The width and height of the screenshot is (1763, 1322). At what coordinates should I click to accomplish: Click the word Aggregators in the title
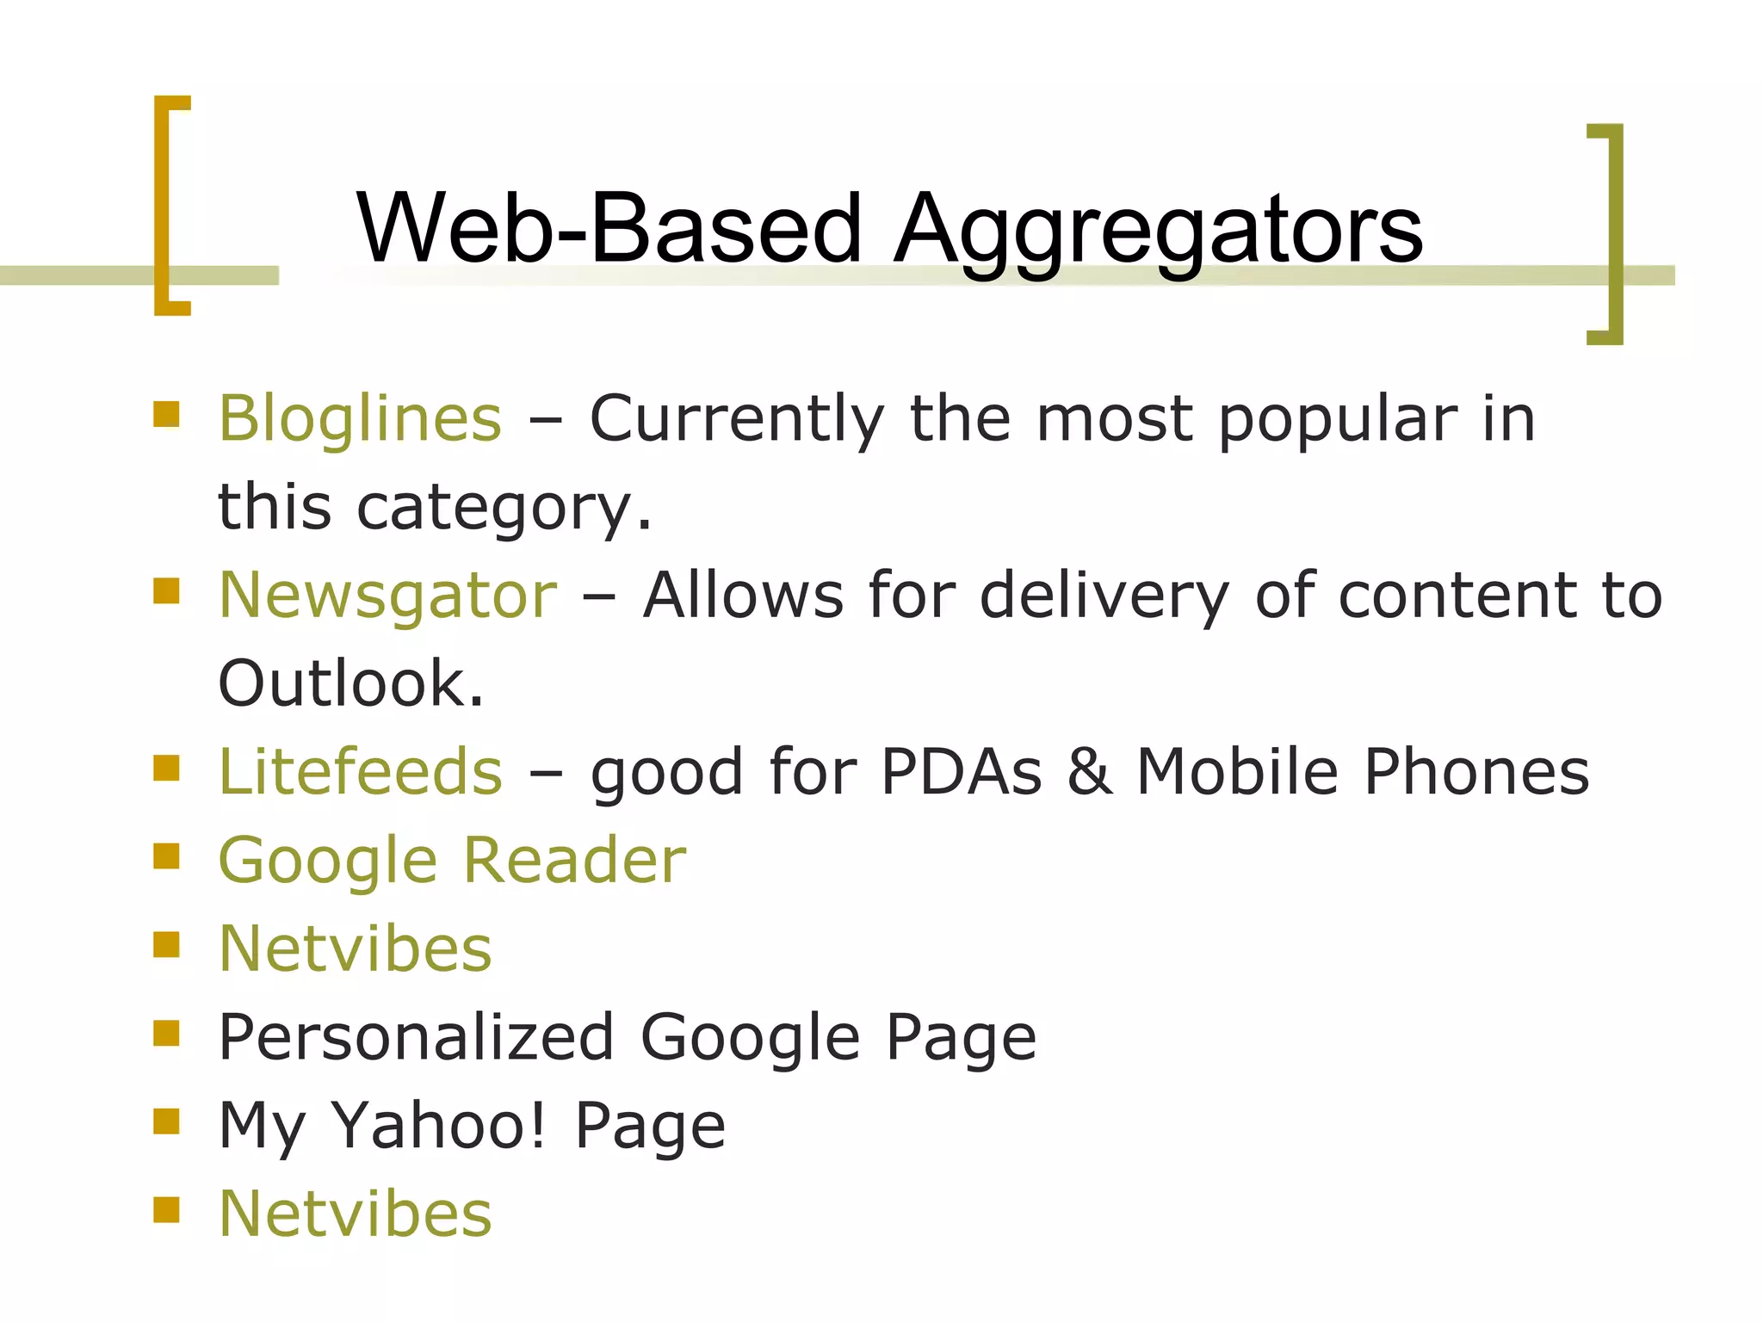click(x=1158, y=229)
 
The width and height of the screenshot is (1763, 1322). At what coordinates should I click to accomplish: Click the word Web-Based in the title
click(x=609, y=229)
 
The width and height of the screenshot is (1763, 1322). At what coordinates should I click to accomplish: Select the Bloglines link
click(x=360, y=419)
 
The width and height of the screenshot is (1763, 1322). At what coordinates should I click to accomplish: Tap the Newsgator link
click(x=388, y=596)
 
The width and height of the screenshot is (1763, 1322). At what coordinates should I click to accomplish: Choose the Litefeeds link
click(x=361, y=772)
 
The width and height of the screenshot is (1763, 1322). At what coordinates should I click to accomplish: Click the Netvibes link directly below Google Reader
click(x=356, y=948)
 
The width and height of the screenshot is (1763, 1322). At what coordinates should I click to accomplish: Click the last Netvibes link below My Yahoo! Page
click(x=356, y=1214)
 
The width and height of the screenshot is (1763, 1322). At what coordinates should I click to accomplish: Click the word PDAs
click(x=962, y=772)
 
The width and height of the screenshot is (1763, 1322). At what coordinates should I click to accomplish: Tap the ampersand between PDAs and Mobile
click(x=1089, y=772)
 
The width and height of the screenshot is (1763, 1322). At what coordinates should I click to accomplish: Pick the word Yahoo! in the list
click(x=439, y=1125)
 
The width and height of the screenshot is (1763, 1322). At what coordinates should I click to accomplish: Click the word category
click(x=504, y=508)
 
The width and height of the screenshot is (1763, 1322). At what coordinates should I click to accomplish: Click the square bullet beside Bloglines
click(x=166, y=415)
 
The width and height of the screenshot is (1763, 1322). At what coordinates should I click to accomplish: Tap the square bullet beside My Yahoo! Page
click(x=166, y=1121)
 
